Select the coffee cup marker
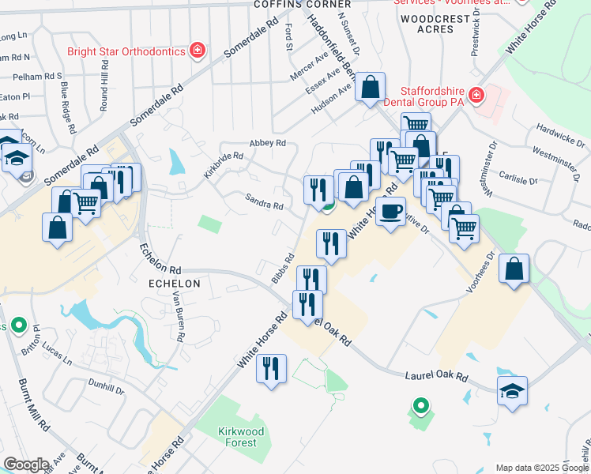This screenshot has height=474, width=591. coord(390,211)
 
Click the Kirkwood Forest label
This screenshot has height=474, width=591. coord(238,436)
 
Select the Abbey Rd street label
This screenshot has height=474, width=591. coord(267,143)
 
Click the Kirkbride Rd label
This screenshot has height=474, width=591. coord(223,165)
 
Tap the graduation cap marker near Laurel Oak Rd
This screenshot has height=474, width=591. coord(512,391)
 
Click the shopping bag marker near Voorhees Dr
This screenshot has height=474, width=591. coord(514,269)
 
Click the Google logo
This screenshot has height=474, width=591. coord(26,465)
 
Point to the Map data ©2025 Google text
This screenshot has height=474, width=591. coord(542,468)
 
